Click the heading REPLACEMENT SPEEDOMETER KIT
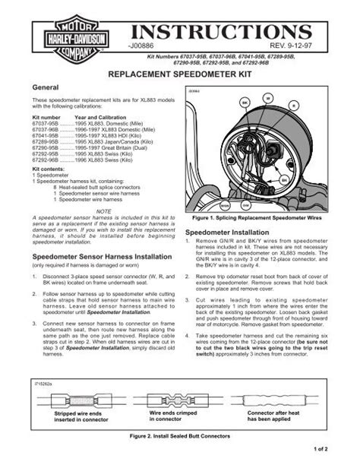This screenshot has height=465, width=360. (x=179, y=77)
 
